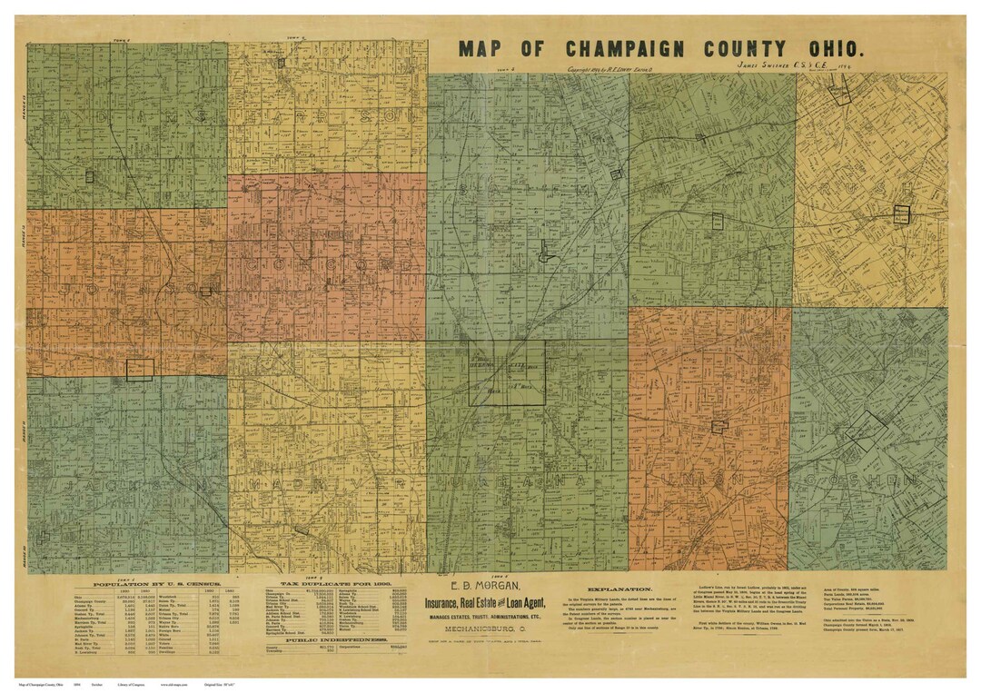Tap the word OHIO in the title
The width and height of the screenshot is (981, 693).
(x=830, y=49)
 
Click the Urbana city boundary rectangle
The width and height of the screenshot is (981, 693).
(x=507, y=372)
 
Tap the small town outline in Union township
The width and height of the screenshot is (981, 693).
(x=719, y=426)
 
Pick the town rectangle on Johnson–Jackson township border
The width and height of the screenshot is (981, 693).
(x=140, y=369)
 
